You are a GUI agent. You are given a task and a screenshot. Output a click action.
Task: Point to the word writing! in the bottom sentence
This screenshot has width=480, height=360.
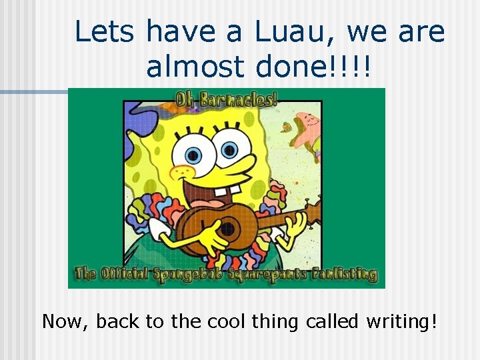(x=401, y=321)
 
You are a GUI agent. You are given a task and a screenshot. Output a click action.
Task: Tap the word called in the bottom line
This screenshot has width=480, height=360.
(x=333, y=321)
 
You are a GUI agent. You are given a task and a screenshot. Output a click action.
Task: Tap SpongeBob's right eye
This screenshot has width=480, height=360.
(x=229, y=151)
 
